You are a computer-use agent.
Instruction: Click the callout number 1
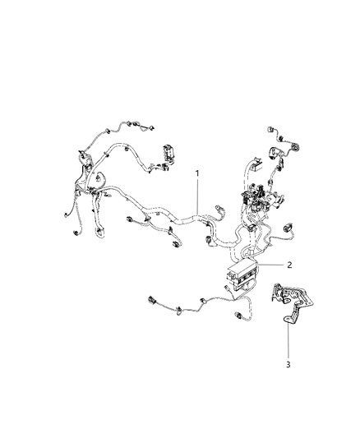[x=196, y=173]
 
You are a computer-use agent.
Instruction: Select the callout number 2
[x=288, y=265]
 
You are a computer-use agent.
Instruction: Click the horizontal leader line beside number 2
[x=270, y=265]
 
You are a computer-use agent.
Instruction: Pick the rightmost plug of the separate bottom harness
[x=243, y=316]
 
